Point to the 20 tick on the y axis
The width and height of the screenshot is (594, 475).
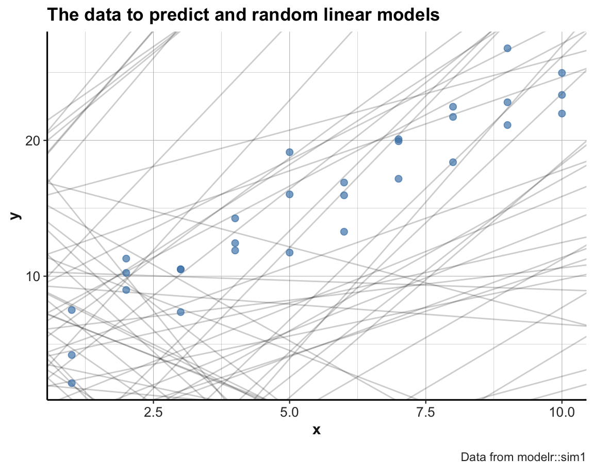point(34,140)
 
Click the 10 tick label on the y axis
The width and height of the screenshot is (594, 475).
point(34,276)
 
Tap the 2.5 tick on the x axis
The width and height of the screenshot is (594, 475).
point(154,413)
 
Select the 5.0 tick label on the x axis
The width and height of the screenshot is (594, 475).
point(290,413)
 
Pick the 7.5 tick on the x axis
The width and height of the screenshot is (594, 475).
point(426,413)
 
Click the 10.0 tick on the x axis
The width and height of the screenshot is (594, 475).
point(562,413)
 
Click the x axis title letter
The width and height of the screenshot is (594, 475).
point(317,430)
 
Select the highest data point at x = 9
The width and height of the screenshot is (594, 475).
point(507,48)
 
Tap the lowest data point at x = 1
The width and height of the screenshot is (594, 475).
point(72,383)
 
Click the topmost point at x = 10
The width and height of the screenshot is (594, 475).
point(562,73)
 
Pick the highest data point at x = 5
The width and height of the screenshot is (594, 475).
point(290,152)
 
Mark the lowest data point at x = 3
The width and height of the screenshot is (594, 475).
point(180,312)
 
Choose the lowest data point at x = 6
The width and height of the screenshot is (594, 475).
point(344,232)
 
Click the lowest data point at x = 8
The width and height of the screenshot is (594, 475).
point(453,162)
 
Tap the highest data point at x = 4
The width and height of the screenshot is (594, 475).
point(235,218)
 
